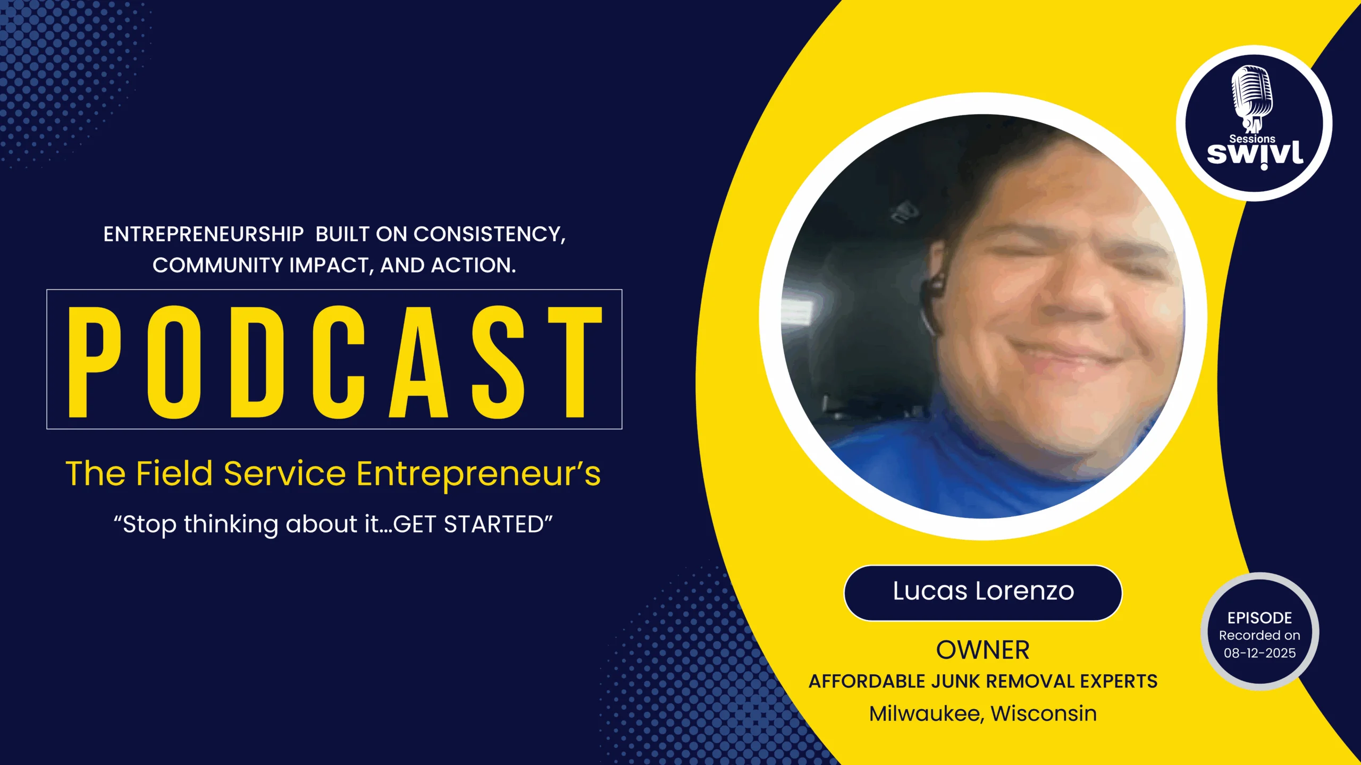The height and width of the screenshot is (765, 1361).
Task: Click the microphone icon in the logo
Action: pyautogui.click(x=1253, y=99)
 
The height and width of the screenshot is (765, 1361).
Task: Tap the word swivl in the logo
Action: pyautogui.click(x=1255, y=155)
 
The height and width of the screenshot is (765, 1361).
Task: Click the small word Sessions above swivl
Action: pyautogui.click(x=1252, y=139)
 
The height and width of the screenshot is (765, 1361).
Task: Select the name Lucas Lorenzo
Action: pyautogui.click(x=983, y=591)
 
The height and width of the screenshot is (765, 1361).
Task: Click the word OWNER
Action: pyautogui.click(x=982, y=650)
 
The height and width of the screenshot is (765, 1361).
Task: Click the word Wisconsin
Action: pyautogui.click(x=1044, y=713)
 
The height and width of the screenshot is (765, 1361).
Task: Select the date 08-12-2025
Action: pyautogui.click(x=1259, y=653)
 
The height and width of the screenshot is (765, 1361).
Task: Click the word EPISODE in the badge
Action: pyautogui.click(x=1259, y=618)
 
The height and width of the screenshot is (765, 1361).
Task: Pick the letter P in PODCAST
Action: pyautogui.click(x=95, y=362)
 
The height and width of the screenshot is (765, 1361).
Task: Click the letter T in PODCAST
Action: pyautogui.click(x=575, y=362)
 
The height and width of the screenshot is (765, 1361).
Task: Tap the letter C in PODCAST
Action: pyautogui.click(x=339, y=362)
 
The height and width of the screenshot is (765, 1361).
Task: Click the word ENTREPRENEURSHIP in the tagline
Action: pyautogui.click(x=204, y=234)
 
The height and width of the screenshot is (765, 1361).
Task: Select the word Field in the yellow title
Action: pyautogui.click(x=174, y=473)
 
